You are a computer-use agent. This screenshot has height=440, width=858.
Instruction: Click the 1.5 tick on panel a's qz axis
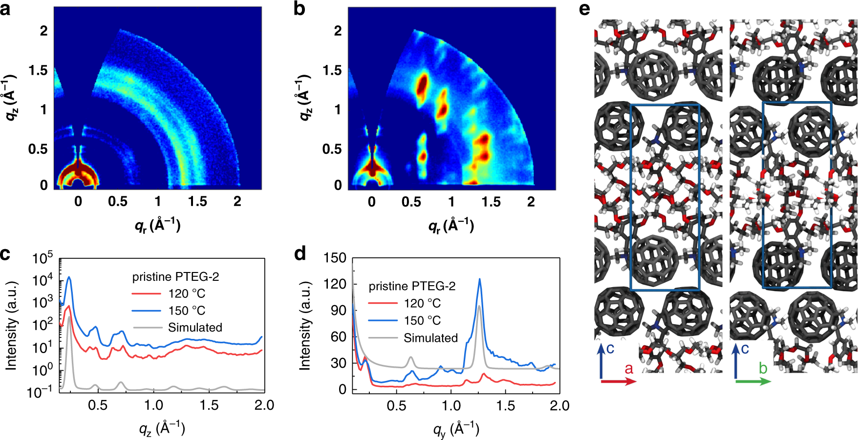point(39,70)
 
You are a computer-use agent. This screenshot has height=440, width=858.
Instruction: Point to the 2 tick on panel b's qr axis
point(531,202)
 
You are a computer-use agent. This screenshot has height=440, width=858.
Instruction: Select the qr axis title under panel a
point(157,226)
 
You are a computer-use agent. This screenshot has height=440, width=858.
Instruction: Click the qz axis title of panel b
point(304,98)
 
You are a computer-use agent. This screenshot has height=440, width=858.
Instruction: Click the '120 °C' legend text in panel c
point(187,293)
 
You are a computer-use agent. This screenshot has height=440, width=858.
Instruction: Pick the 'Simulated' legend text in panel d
point(430,338)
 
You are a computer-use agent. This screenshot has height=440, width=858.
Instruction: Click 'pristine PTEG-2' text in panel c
point(175,277)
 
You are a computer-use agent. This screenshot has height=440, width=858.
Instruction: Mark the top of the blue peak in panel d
point(479,279)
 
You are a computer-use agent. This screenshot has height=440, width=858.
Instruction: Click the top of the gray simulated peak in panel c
point(70,316)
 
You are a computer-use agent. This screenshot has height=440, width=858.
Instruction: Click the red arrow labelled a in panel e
point(618,381)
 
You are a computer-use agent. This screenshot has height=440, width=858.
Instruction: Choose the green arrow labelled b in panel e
point(753,381)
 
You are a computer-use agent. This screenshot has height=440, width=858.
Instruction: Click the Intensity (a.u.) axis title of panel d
point(304,326)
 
